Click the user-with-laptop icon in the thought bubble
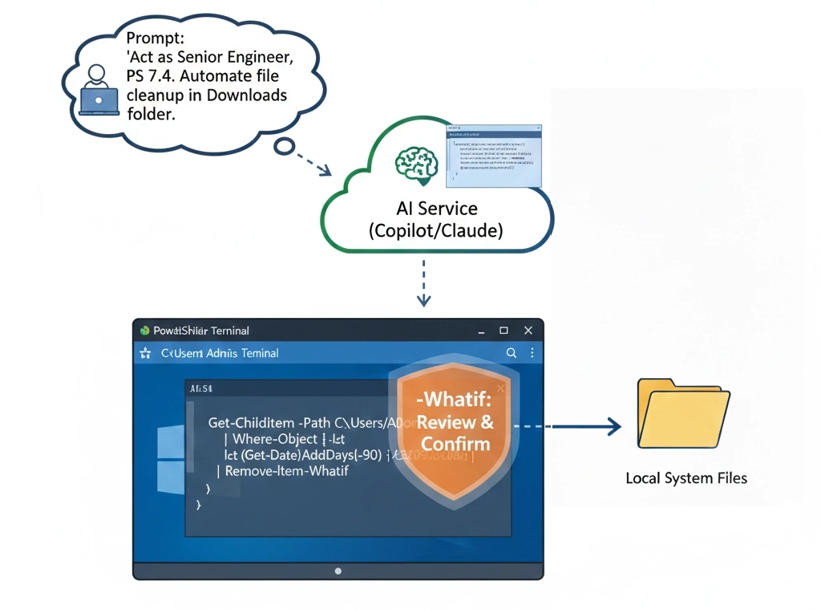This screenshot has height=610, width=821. (99, 89)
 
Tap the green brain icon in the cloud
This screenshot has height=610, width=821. (417, 164)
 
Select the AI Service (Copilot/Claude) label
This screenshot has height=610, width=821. (435, 219)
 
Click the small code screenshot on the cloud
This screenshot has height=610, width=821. (494, 156)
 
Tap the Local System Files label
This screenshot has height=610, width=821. (686, 478)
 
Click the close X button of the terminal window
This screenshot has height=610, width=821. (528, 330)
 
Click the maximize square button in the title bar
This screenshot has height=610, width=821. (504, 330)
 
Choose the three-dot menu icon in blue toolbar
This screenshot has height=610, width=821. (532, 352)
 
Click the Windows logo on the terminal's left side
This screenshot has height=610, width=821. (169, 460)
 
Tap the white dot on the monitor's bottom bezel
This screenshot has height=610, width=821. (338, 571)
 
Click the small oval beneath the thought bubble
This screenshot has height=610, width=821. (285, 147)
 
